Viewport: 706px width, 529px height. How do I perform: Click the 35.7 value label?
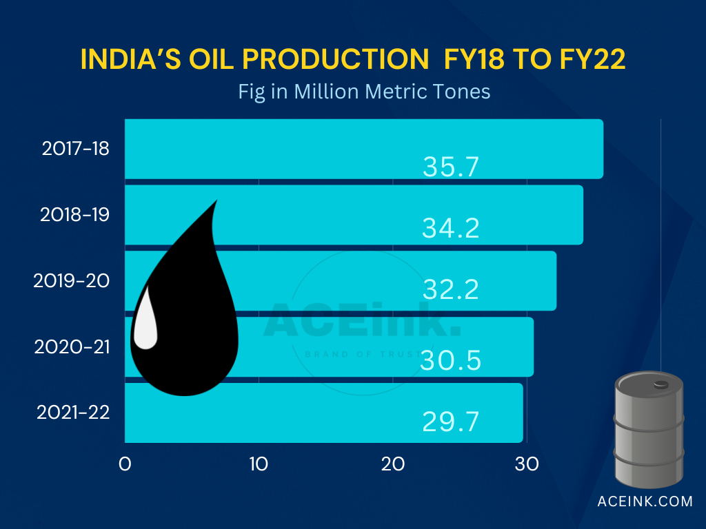click(450, 167)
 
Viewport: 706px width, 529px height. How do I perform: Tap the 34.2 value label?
click(450, 228)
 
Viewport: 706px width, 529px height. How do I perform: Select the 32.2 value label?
click(450, 290)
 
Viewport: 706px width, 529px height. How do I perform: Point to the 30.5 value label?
click(451, 360)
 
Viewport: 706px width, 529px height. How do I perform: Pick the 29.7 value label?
click(450, 422)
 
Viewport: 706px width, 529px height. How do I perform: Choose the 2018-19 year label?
click(74, 214)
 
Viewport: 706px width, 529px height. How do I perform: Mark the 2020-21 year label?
click(72, 346)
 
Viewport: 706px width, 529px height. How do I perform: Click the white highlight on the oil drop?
click(145, 318)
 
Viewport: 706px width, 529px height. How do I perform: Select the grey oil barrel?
click(649, 428)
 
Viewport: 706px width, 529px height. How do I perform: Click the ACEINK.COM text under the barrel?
click(645, 501)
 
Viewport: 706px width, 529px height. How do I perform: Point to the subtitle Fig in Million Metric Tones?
click(364, 92)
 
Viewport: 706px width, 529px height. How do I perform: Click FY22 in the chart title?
click(591, 60)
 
